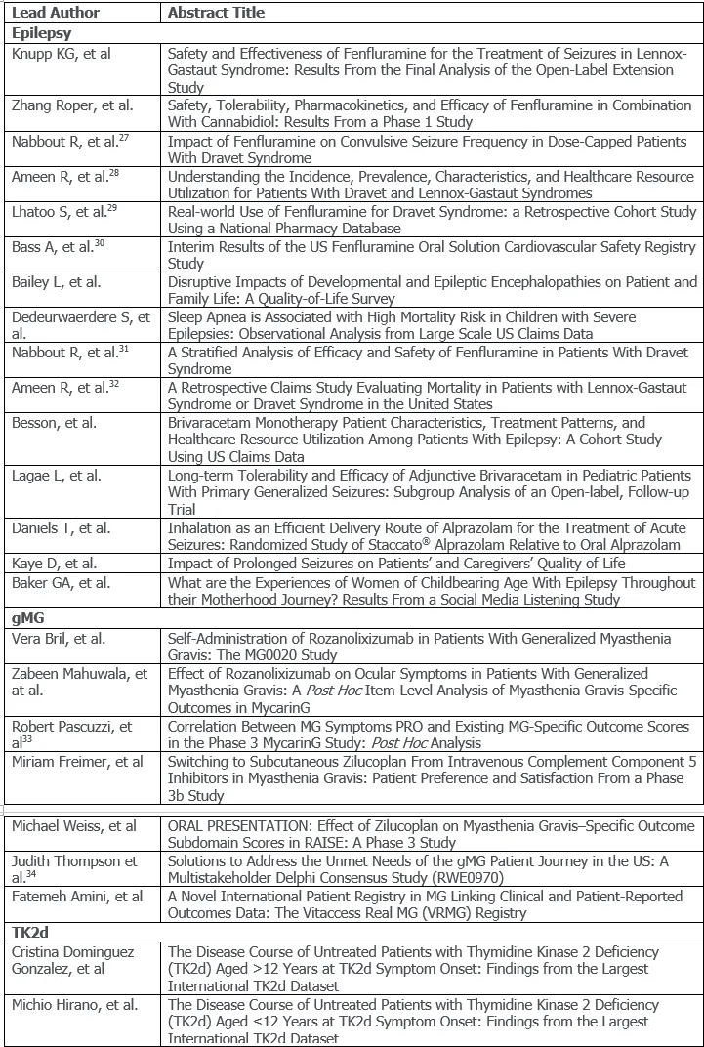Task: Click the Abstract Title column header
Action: pyautogui.click(x=216, y=13)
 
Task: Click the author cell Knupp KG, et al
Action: pyautogui.click(x=61, y=54)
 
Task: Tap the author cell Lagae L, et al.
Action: pyautogui.click(x=57, y=476)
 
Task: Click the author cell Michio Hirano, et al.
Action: pyautogui.click(x=74, y=1004)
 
